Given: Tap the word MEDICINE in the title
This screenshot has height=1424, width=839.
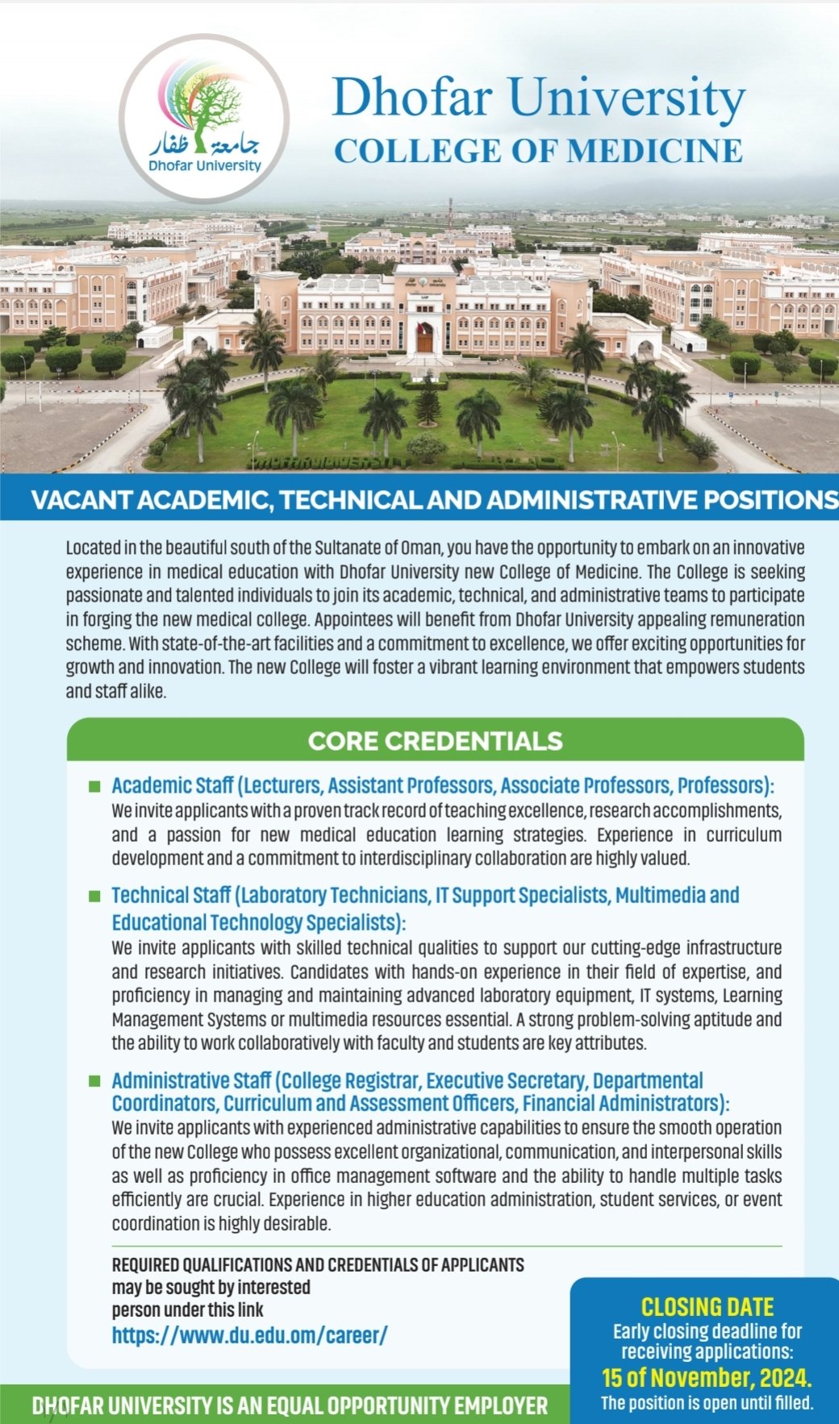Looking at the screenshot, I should point(662,152).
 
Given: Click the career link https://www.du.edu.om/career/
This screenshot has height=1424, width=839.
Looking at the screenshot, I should point(249,1335).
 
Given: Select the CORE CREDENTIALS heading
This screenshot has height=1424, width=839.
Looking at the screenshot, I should point(435,741).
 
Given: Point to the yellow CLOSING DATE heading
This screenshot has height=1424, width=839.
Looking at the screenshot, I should point(707,1307).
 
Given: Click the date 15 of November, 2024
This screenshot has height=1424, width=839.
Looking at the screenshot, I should point(707,1376).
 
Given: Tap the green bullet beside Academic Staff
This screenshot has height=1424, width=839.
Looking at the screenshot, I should point(94,785).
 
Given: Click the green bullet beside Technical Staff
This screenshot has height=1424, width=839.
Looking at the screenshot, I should point(94,896).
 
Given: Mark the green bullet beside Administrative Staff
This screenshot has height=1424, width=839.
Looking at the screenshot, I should point(94,1080).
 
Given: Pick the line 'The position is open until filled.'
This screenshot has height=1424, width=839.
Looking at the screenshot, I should point(707,1403).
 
